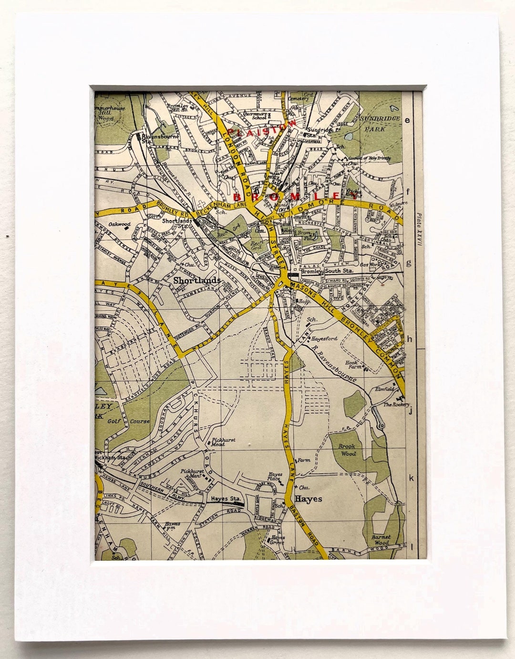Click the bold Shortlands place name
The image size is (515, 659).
click(x=197, y=280)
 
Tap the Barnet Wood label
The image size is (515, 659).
click(x=381, y=539)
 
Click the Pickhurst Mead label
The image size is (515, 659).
click(x=218, y=441)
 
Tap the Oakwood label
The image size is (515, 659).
click(x=119, y=224)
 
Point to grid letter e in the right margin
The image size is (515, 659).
click(x=407, y=120)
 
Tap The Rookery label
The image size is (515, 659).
click(x=397, y=404)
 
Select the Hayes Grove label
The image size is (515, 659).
click(x=277, y=540)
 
